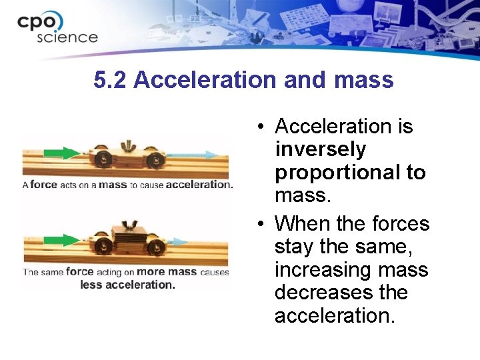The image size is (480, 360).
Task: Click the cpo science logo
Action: click(x=57, y=27)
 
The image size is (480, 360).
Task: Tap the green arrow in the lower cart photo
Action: click(x=62, y=240)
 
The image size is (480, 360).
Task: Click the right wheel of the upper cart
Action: click(x=155, y=160)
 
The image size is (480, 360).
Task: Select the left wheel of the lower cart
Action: click(x=104, y=245)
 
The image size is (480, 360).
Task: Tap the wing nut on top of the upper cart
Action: click(x=126, y=145)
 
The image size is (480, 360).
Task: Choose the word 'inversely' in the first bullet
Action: click(x=320, y=149)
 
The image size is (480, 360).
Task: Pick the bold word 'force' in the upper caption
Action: click(x=44, y=185)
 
